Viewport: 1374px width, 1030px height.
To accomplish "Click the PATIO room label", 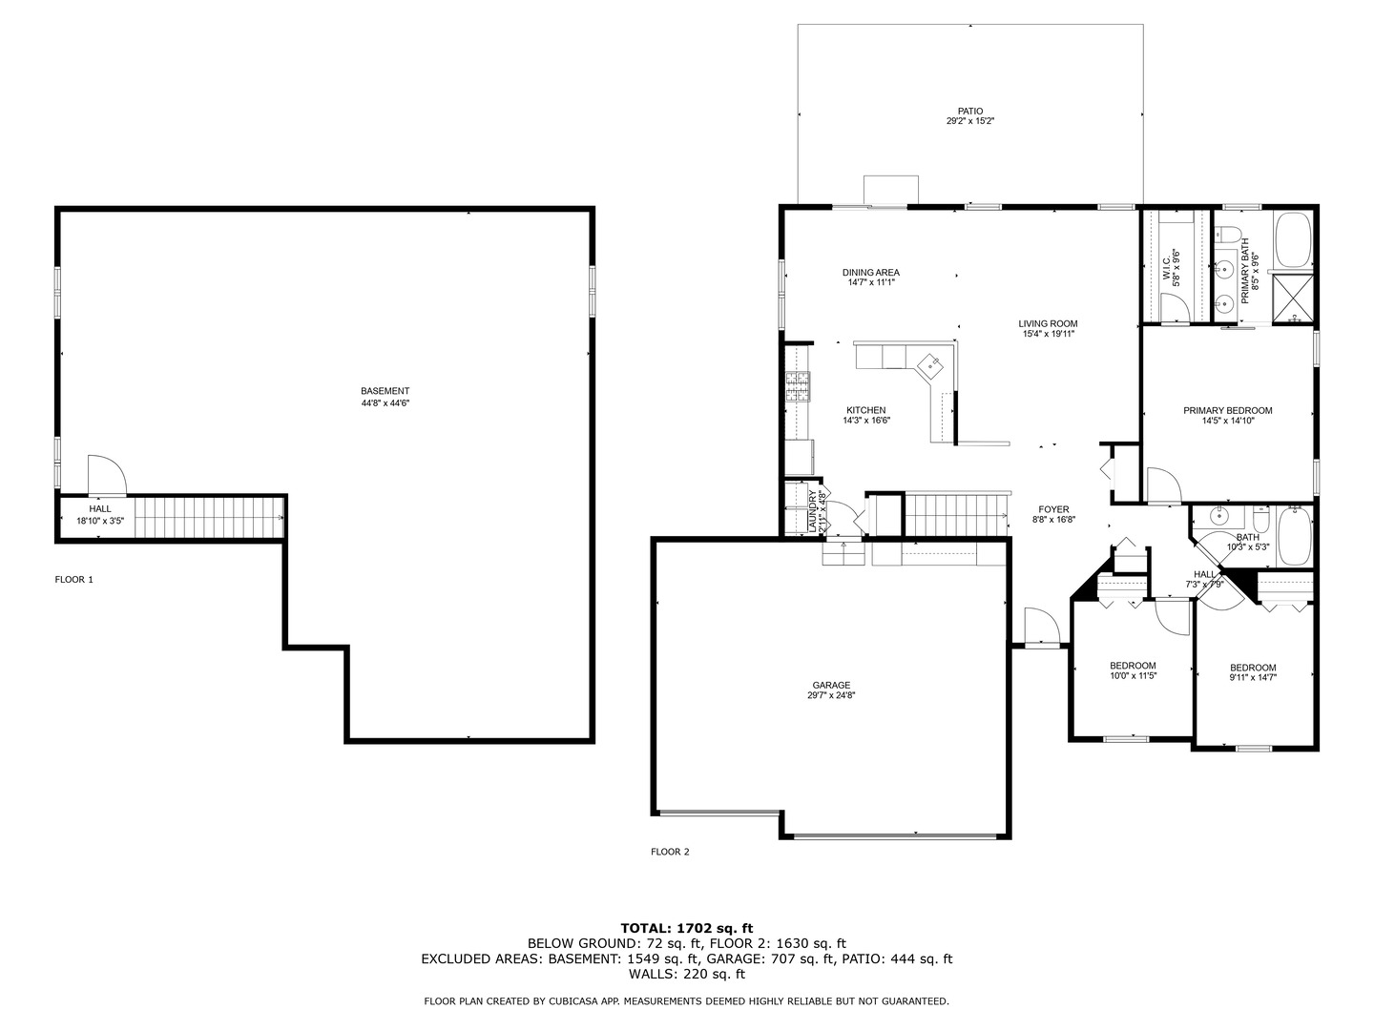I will [x=970, y=112].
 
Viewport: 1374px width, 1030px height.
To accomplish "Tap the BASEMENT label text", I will [x=385, y=391].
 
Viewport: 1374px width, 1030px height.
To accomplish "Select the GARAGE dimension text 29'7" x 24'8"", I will [x=831, y=696].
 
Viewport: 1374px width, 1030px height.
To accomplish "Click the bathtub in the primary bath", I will [x=1293, y=239].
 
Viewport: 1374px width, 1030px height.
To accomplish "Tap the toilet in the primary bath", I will [x=1226, y=234].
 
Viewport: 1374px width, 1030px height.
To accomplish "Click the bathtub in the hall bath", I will [x=1294, y=538].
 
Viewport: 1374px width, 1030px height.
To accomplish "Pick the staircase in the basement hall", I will [x=206, y=518].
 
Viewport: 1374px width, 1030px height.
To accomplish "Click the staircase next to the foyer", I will [x=955, y=516].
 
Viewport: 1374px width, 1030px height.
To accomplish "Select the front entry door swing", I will [x=1042, y=629].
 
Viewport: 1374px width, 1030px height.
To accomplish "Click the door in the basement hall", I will [x=105, y=476].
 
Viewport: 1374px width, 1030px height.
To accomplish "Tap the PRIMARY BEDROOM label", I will [x=1227, y=411].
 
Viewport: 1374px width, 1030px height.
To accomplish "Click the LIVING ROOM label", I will [x=1048, y=324].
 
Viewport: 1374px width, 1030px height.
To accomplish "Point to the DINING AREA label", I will [x=870, y=273].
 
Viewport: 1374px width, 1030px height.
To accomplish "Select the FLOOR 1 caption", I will [x=74, y=579].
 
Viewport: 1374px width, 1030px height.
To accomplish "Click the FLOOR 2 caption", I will [x=670, y=852].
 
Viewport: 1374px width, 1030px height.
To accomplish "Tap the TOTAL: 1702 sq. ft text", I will [x=686, y=927].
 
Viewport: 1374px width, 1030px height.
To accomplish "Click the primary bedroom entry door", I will [x=1163, y=484].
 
